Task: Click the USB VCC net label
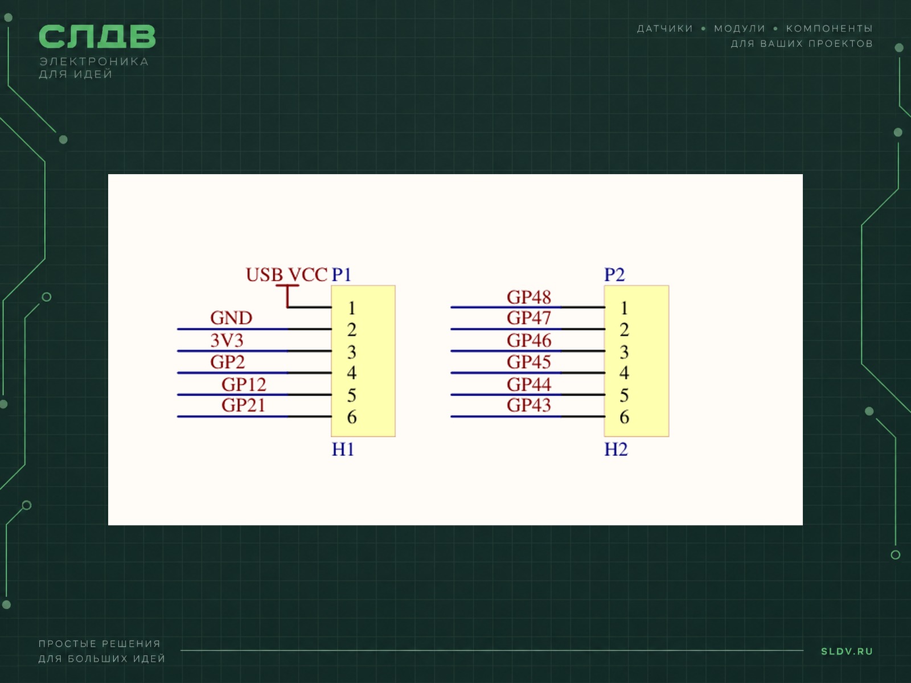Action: pyautogui.click(x=286, y=274)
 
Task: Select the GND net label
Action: pyautogui.click(x=231, y=318)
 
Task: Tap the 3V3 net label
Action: pyautogui.click(x=227, y=340)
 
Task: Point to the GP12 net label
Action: pyautogui.click(x=244, y=384)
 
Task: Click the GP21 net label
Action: pyautogui.click(x=243, y=405)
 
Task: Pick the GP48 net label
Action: pyautogui.click(x=529, y=297)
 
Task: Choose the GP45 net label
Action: pyautogui.click(x=529, y=362)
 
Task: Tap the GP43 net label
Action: pyautogui.click(x=529, y=405)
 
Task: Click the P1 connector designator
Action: pyautogui.click(x=342, y=274)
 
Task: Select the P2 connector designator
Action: pyautogui.click(x=614, y=274)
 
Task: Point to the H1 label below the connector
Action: pyautogui.click(x=343, y=450)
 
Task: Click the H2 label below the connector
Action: pyautogui.click(x=616, y=450)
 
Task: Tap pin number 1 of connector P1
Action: pyautogui.click(x=352, y=308)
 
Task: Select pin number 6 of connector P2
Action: pyautogui.click(x=624, y=417)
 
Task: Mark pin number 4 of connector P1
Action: pyautogui.click(x=351, y=373)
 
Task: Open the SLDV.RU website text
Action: pyautogui.click(x=847, y=652)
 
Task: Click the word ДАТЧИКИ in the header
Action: pyautogui.click(x=665, y=28)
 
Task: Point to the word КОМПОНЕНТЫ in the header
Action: pyautogui.click(x=829, y=28)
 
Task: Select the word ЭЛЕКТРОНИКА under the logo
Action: pyautogui.click(x=94, y=62)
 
